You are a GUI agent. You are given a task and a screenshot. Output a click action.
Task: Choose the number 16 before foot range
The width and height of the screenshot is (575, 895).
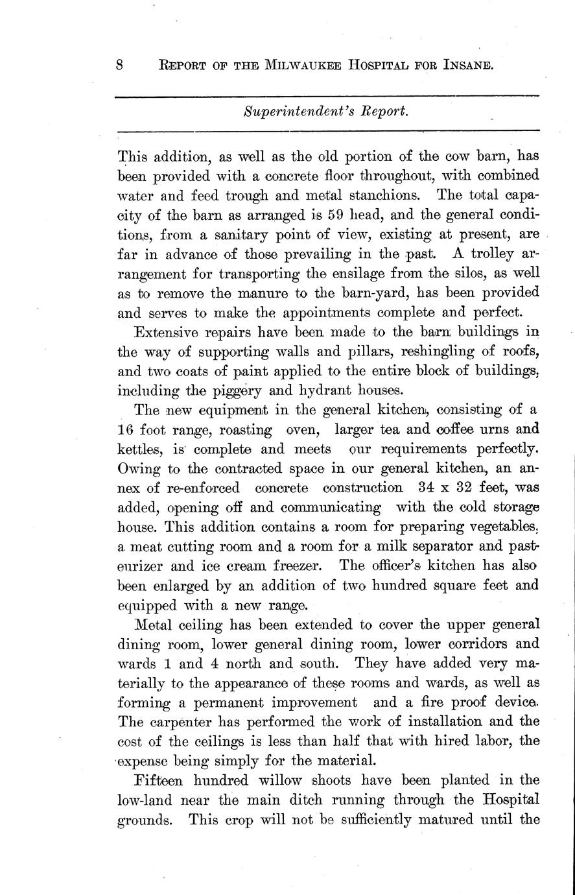[126, 429]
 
